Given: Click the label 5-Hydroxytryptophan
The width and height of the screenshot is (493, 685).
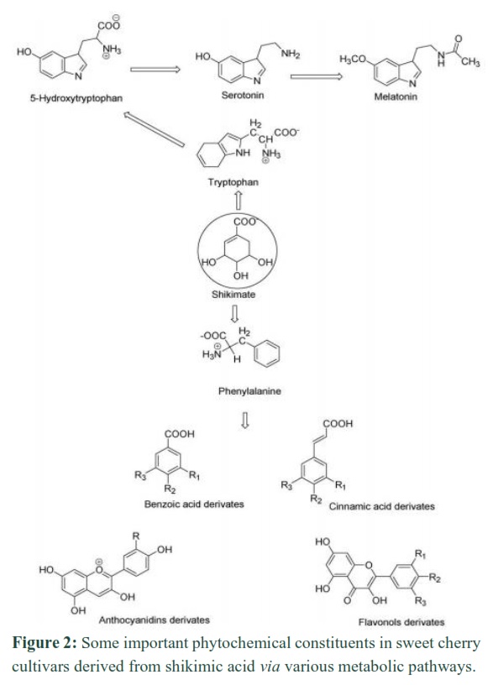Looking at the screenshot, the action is point(76,98).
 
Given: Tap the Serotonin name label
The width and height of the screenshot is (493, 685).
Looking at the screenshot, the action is point(243,95).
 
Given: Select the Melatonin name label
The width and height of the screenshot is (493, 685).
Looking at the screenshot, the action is point(396,96).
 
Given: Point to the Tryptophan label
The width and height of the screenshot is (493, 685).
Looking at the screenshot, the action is point(233,181).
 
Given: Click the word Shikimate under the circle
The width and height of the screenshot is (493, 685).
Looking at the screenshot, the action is point(233,294).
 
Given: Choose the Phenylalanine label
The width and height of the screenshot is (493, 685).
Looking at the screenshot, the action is point(249,391).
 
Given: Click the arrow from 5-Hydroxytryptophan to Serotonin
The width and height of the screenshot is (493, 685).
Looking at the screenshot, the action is point(155,69).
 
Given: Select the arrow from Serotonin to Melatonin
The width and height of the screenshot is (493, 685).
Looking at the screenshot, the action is point(317,76).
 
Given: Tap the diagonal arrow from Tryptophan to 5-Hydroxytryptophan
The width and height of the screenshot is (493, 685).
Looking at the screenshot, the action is point(154,129).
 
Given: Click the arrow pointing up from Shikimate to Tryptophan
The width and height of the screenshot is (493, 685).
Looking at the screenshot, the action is point(239,201).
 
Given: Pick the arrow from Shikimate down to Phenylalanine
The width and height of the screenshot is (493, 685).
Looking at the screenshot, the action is point(234,313).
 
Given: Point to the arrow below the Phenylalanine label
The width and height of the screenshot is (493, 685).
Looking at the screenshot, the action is point(245,420).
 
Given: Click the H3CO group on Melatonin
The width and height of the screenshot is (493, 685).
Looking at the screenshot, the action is point(353,59).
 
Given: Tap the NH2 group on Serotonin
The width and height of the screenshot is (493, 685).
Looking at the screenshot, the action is point(291,54).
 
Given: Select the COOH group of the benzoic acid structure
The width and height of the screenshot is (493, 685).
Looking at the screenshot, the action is point(179,434).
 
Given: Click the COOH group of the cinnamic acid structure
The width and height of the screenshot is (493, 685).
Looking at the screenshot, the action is point(338,423).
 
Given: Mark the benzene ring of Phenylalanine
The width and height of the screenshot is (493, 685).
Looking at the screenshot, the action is point(266,353).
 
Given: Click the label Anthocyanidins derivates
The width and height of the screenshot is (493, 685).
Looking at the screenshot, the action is point(155,620).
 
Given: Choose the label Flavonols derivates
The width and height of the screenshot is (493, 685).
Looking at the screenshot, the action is point(401,622).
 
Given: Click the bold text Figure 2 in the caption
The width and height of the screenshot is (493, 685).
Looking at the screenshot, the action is point(45,643).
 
